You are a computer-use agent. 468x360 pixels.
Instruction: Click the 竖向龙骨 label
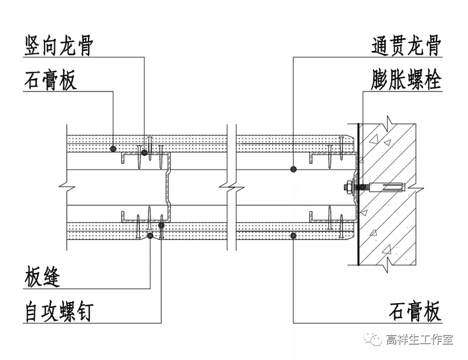click(x=59, y=46)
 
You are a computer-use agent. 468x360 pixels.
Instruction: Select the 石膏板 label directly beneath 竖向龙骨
click(x=50, y=80)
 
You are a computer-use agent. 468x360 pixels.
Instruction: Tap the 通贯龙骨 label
click(x=406, y=46)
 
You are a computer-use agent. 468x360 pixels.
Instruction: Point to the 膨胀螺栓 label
click(x=406, y=80)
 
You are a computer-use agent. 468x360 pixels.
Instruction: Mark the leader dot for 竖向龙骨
click(x=144, y=152)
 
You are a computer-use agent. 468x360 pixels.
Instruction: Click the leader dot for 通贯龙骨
click(x=293, y=169)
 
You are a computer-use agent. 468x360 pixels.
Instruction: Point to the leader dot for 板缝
click(x=151, y=235)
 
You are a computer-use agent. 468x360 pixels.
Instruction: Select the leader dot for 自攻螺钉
click(x=161, y=223)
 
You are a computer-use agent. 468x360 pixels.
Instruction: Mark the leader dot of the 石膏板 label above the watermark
click(x=293, y=235)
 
